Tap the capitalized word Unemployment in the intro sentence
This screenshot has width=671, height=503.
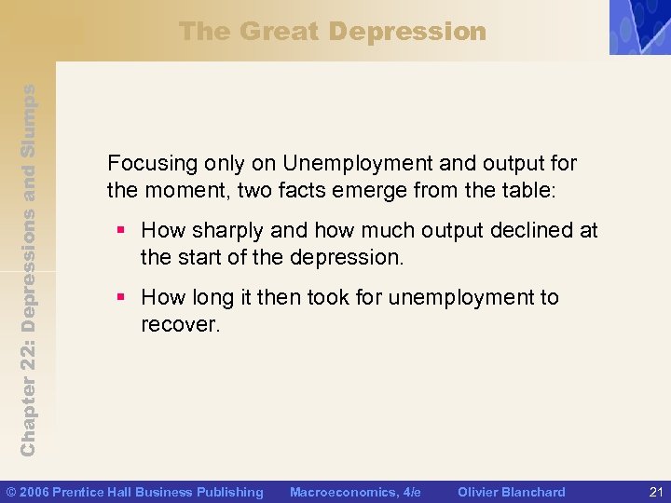click(355, 164)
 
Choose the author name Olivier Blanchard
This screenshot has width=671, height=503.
click(511, 492)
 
